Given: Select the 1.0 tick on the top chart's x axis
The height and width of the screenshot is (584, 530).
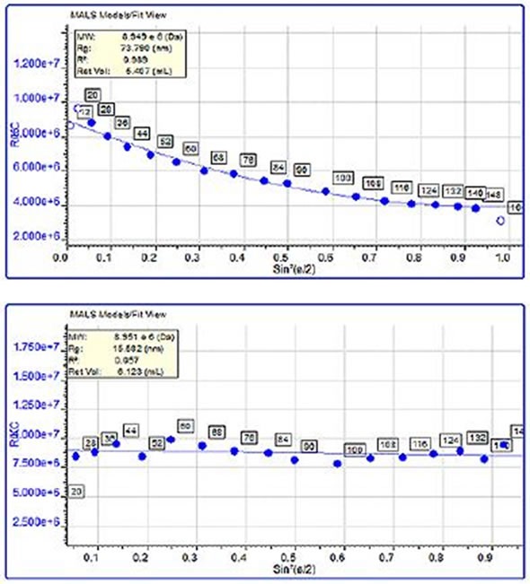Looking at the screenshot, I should point(507,258).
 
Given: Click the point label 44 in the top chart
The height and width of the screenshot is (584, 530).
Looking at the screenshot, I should point(142,134).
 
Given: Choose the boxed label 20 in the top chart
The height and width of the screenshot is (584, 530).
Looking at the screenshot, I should point(92,95).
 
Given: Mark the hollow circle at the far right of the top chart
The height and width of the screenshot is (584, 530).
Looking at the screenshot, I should point(501,220).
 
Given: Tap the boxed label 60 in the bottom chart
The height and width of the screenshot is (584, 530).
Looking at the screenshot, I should point(187,426).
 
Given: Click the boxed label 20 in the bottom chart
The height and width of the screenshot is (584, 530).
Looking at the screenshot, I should point(77,491).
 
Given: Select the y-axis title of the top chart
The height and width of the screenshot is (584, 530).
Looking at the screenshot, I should point(13,134).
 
